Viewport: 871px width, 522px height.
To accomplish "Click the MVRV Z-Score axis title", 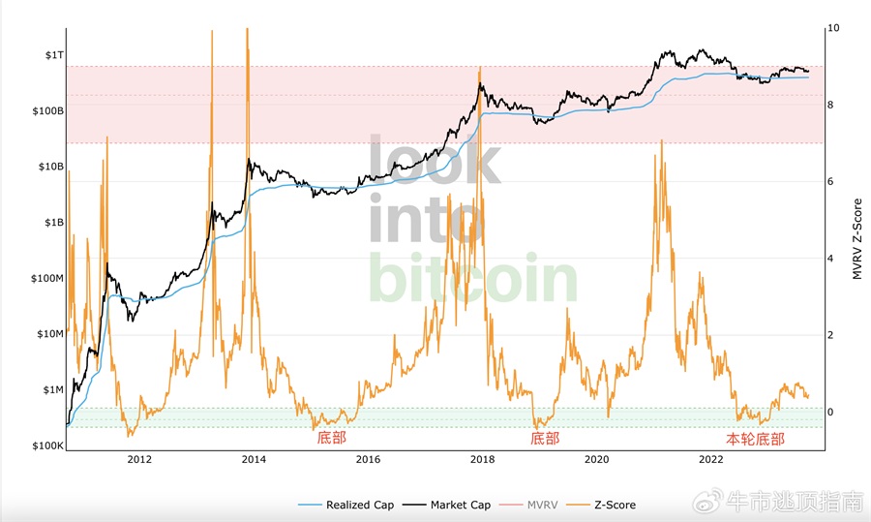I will (856, 240).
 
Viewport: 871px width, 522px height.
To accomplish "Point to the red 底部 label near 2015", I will (331, 439).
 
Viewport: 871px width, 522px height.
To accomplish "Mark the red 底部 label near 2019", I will (545, 439).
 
